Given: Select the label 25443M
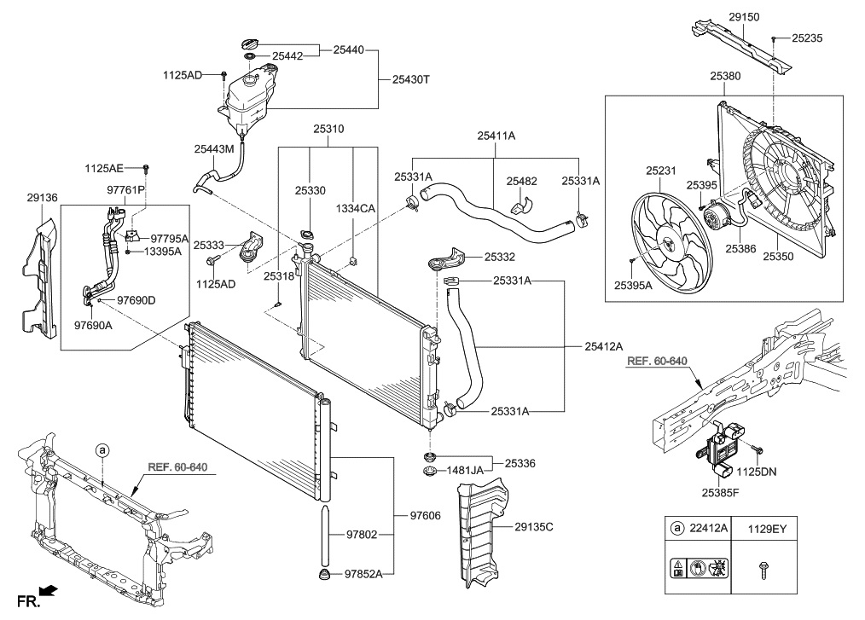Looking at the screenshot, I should [x=214, y=148].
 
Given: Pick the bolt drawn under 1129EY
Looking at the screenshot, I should [x=759, y=569].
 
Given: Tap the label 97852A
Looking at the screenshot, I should [x=364, y=574].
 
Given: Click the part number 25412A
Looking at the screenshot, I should [x=604, y=346].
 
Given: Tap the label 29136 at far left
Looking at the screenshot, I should [x=41, y=197].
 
